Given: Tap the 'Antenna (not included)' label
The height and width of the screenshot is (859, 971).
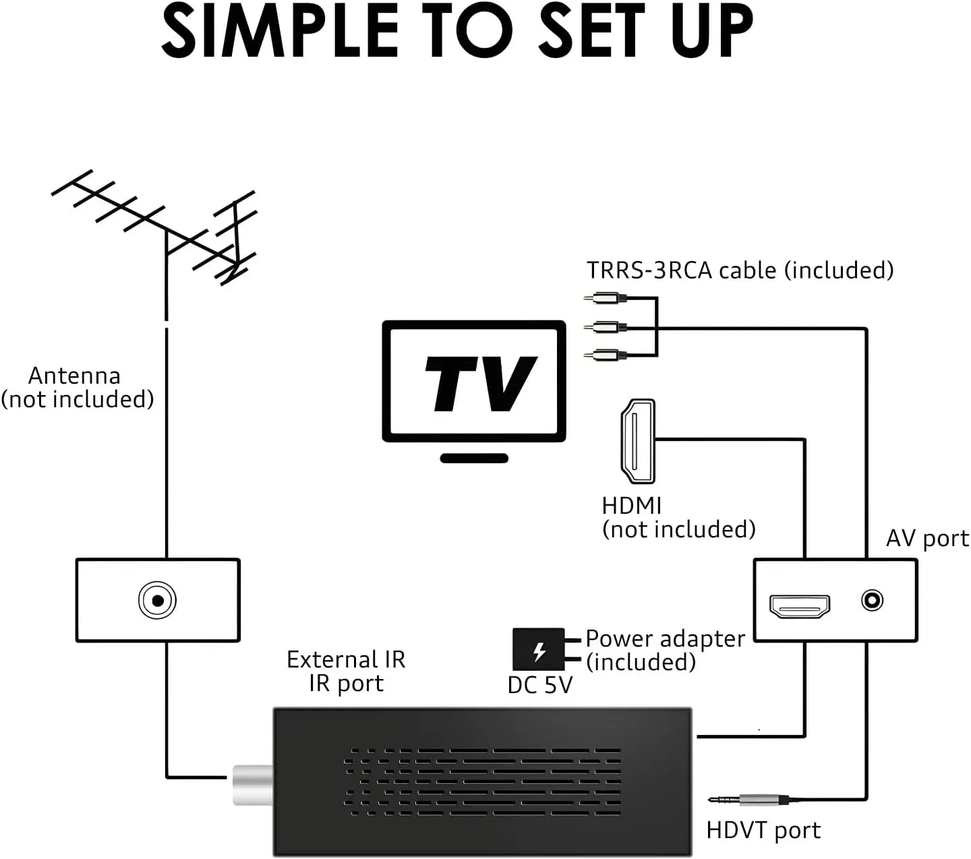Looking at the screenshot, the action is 77,387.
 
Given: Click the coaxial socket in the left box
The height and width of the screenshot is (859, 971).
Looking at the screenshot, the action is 157,600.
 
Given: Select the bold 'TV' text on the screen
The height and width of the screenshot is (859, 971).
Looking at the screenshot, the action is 481,384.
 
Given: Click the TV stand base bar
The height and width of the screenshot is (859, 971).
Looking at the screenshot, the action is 474,458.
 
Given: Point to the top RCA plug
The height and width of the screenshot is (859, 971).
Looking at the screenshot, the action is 605,298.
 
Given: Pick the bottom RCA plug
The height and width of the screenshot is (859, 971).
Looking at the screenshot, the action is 605,355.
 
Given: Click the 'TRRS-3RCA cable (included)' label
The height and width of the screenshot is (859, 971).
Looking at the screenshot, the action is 740,270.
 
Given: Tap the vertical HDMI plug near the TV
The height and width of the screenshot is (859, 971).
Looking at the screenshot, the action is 638,441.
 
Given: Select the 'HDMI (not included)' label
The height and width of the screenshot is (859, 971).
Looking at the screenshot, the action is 678,518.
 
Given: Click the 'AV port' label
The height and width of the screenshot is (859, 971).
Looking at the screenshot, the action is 927,538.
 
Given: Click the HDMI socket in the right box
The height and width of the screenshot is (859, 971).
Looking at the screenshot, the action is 800,606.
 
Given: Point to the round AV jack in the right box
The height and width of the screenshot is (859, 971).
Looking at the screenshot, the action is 872,600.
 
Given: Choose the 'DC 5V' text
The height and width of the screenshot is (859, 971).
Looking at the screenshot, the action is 540,686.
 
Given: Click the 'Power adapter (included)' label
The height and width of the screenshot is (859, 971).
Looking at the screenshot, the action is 666,651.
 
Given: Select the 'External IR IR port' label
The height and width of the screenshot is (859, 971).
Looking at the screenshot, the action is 346,671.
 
